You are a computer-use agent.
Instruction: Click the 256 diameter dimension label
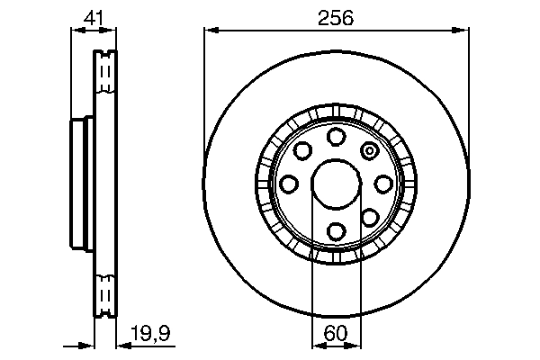click(x=336, y=16)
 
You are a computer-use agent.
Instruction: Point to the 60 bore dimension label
click(x=336, y=333)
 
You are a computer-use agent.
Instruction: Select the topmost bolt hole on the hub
click(x=336, y=136)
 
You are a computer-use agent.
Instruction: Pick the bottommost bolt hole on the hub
click(x=336, y=231)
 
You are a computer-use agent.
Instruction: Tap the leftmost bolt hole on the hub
click(x=289, y=184)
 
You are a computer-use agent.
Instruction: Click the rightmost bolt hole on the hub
click(x=383, y=184)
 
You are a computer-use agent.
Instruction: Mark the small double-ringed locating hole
click(x=369, y=150)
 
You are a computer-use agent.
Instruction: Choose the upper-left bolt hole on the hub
click(x=302, y=150)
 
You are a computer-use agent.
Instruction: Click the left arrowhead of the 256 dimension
click(x=209, y=30)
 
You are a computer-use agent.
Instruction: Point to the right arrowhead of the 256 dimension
click(x=464, y=30)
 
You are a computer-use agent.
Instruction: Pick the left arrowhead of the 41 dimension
click(x=76, y=30)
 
